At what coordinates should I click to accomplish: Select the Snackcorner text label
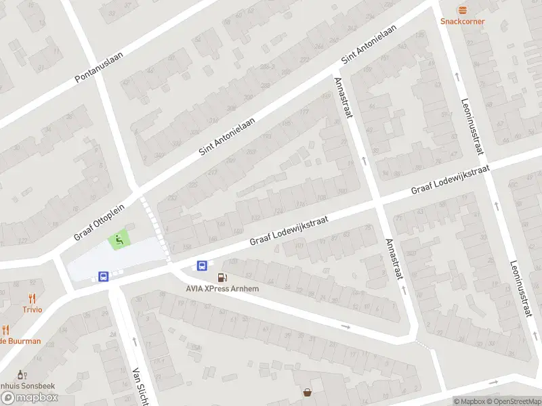tap(462, 21)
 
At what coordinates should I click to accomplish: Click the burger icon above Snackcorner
tap(462, 9)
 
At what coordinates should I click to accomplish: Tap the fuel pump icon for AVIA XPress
tap(222, 277)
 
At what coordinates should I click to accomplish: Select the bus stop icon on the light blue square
tap(104, 276)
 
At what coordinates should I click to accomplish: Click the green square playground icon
tap(119, 240)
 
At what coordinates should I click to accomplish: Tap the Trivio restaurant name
tap(31, 309)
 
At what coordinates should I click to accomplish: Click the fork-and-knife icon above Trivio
tap(31, 298)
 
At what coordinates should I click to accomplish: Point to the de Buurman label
tap(20, 341)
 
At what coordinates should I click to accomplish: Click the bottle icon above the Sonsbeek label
tap(21, 374)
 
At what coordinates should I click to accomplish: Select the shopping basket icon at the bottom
tap(308, 392)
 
